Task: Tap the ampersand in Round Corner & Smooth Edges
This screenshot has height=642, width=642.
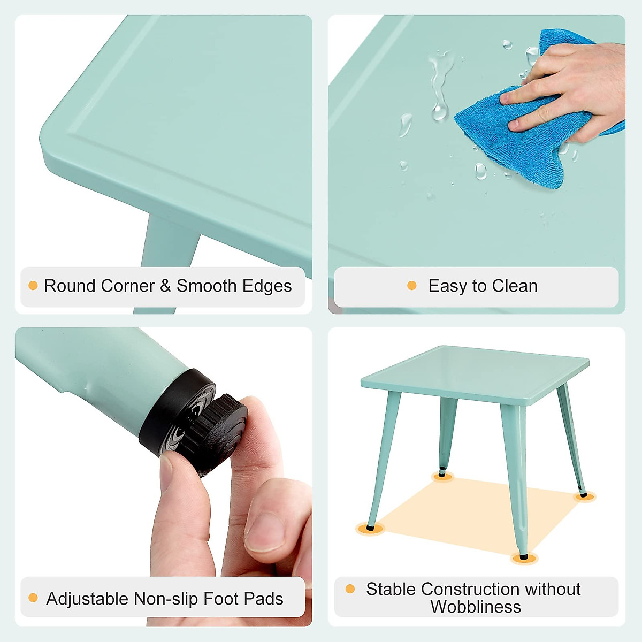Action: (166, 286)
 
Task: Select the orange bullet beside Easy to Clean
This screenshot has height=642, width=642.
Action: (411, 286)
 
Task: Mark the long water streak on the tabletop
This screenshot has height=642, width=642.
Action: (440, 86)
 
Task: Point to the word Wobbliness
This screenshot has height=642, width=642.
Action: (476, 607)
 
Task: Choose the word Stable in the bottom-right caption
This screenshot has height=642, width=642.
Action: (391, 589)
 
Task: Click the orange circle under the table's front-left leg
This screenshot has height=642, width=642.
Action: (370, 529)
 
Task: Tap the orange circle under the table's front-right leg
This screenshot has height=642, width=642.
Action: (524, 558)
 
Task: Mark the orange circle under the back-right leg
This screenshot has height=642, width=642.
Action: (584, 496)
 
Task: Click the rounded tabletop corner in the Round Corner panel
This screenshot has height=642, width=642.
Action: (53, 139)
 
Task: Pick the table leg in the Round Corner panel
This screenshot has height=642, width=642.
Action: (166, 246)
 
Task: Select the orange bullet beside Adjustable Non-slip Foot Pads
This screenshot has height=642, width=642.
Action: (33, 598)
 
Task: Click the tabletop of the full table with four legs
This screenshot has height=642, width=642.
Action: (476, 372)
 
